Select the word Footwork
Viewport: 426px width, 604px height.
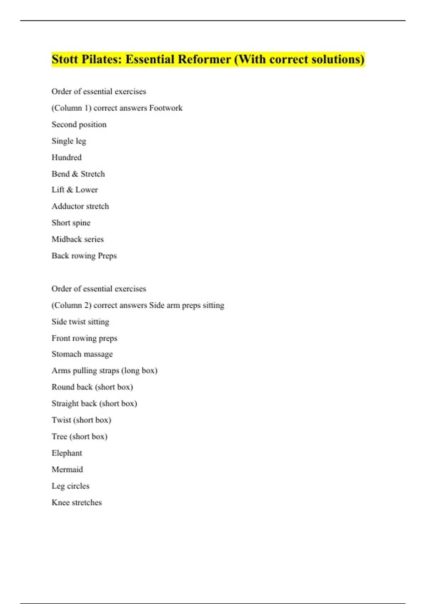point(166,108)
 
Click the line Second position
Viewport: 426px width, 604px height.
point(79,125)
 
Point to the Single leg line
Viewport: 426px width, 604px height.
point(69,141)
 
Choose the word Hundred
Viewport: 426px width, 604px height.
point(66,157)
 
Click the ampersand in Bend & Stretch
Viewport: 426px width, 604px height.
point(75,174)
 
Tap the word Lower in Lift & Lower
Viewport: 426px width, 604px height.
point(86,190)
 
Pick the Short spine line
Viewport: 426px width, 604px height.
point(71,223)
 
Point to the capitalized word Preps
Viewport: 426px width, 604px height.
point(107,256)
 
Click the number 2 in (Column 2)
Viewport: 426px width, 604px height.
point(87,306)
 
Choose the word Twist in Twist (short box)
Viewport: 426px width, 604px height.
point(61,420)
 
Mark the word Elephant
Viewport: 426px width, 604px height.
point(67,453)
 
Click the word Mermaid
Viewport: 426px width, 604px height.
point(67,470)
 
